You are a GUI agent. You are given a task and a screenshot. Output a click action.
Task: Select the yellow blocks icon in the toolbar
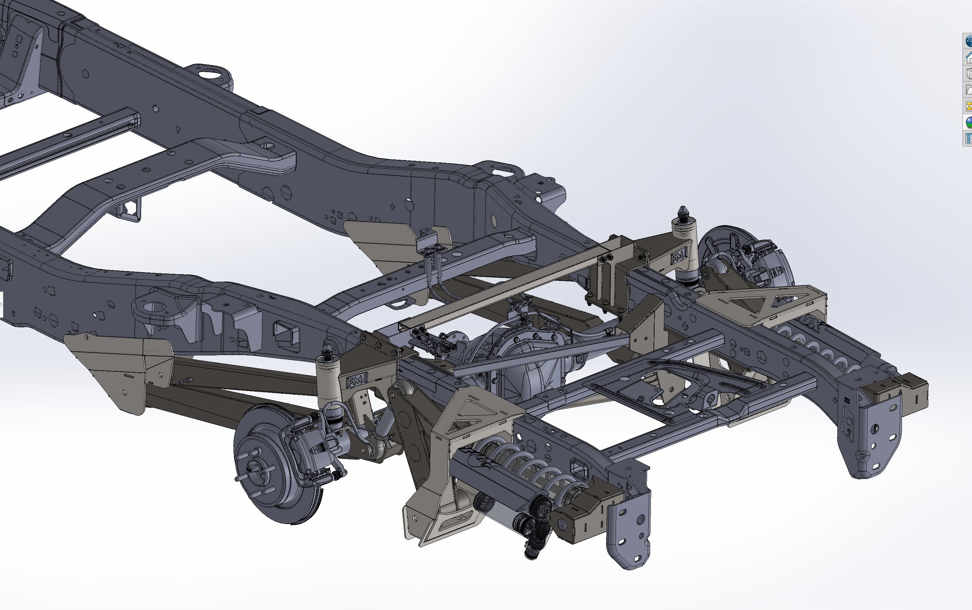[x=968, y=106]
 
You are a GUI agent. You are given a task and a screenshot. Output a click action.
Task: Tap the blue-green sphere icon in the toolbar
[x=968, y=122]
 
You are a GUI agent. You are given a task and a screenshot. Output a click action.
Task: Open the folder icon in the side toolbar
[x=968, y=90]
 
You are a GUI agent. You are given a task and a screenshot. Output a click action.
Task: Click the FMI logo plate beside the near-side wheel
[x=357, y=380]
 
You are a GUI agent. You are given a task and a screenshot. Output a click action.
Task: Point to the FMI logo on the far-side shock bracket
[x=679, y=257]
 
